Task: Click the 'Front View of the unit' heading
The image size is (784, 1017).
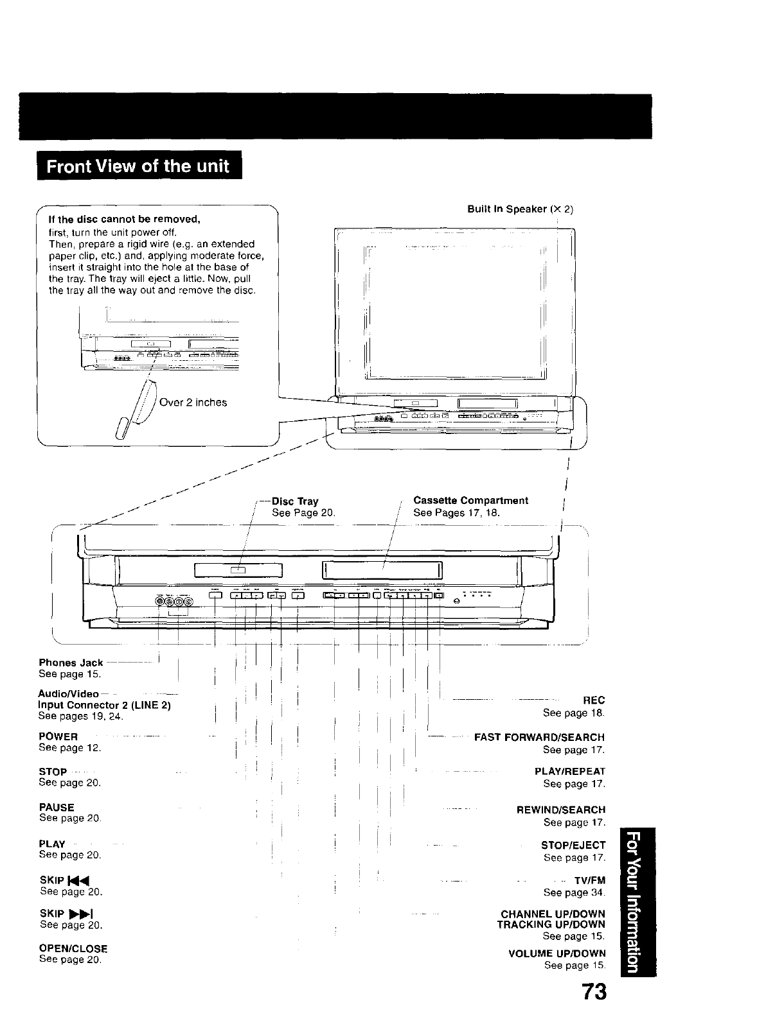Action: [x=138, y=166]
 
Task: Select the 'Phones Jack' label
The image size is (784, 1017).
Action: [x=71, y=663]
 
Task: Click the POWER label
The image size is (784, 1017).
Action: [x=58, y=736]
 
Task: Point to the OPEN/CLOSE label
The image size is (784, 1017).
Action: [x=73, y=948]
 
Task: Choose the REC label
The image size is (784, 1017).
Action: [x=594, y=700]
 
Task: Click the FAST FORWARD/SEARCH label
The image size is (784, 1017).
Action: [x=539, y=737]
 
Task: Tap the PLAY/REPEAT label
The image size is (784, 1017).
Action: [x=570, y=772]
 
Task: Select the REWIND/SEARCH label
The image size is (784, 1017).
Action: [x=561, y=810]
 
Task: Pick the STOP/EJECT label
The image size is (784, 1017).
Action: [x=573, y=845]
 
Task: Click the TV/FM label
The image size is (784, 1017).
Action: [x=590, y=881]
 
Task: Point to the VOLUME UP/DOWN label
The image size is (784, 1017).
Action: [x=557, y=953]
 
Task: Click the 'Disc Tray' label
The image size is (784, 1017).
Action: [x=295, y=501]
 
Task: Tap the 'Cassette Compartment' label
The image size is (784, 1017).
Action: [x=470, y=500]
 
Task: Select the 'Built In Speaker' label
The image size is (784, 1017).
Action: [x=520, y=209]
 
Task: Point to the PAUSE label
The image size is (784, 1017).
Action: [x=57, y=807]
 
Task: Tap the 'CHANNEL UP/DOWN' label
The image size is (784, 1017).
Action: [x=553, y=914]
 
